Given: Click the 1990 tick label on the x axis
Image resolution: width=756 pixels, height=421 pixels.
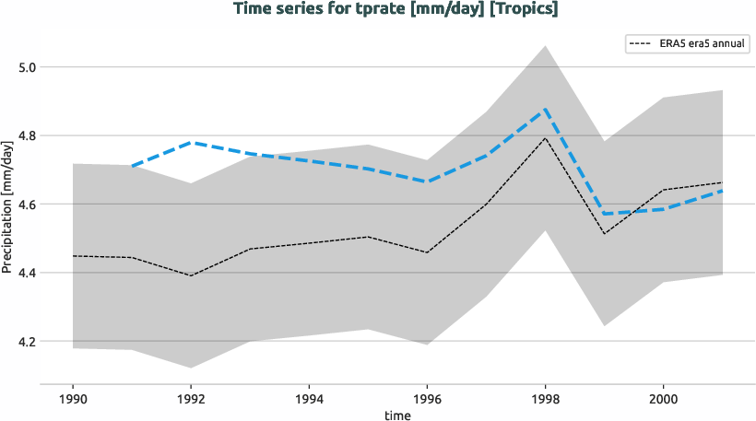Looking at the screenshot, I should click(72, 401).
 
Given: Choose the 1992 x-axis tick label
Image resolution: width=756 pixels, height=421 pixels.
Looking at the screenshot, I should click(191, 401).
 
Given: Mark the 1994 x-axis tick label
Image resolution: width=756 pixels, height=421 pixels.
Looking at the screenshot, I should click(309, 401).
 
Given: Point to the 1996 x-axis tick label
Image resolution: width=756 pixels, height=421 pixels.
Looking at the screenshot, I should click(427, 401).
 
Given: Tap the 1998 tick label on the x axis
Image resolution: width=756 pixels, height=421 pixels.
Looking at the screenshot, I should click(546, 401).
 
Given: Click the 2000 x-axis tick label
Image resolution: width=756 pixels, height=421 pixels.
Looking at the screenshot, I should click(664, 401).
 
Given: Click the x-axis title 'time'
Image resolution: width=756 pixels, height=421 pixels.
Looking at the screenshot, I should click(397, 415).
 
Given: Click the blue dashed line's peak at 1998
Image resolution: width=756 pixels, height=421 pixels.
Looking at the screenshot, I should click(546, 110).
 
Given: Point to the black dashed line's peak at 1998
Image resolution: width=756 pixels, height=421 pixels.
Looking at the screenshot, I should click(546, 137).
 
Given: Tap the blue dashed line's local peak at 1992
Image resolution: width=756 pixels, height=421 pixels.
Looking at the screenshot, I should click(191, 143).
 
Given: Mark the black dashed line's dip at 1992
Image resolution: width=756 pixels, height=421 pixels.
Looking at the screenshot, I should click(191, 275).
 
